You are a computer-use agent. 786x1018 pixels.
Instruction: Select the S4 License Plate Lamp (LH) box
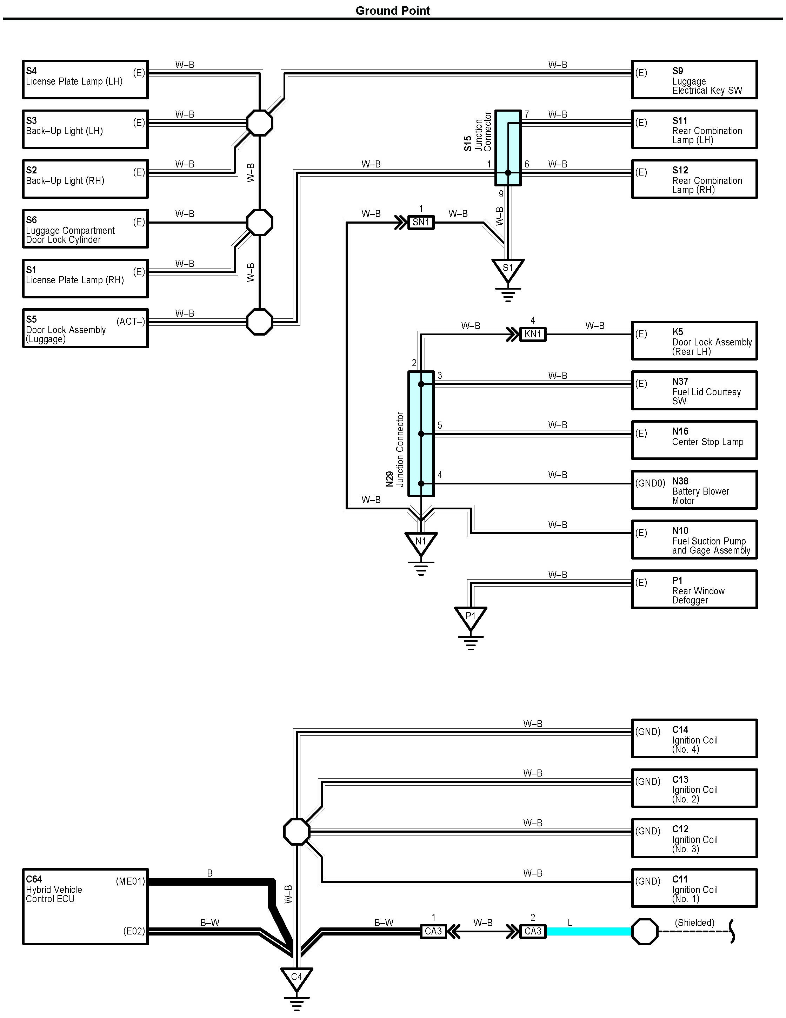click(85, 79)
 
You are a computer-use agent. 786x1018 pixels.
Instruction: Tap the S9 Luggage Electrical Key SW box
click(694, 79)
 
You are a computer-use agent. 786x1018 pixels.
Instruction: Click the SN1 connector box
click(421, 222)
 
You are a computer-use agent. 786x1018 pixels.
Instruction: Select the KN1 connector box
click(533, 334)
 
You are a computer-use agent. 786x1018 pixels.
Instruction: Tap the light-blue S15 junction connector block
click(508, 148)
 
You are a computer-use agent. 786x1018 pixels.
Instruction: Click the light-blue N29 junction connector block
click(421, 434)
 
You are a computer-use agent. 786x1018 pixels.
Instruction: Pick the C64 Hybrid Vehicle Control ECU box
click(85, 906)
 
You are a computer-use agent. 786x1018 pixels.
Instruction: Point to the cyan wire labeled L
click(589, 931)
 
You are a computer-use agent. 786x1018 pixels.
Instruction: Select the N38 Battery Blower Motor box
click(694, 490)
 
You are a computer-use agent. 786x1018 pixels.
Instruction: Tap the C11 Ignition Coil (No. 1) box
click(694, 887)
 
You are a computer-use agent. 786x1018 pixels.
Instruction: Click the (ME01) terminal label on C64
click(131, 881)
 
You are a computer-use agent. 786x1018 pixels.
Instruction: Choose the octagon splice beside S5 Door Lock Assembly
click(260, 322)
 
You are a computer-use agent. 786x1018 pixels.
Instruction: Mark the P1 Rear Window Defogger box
click(694, 589)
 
